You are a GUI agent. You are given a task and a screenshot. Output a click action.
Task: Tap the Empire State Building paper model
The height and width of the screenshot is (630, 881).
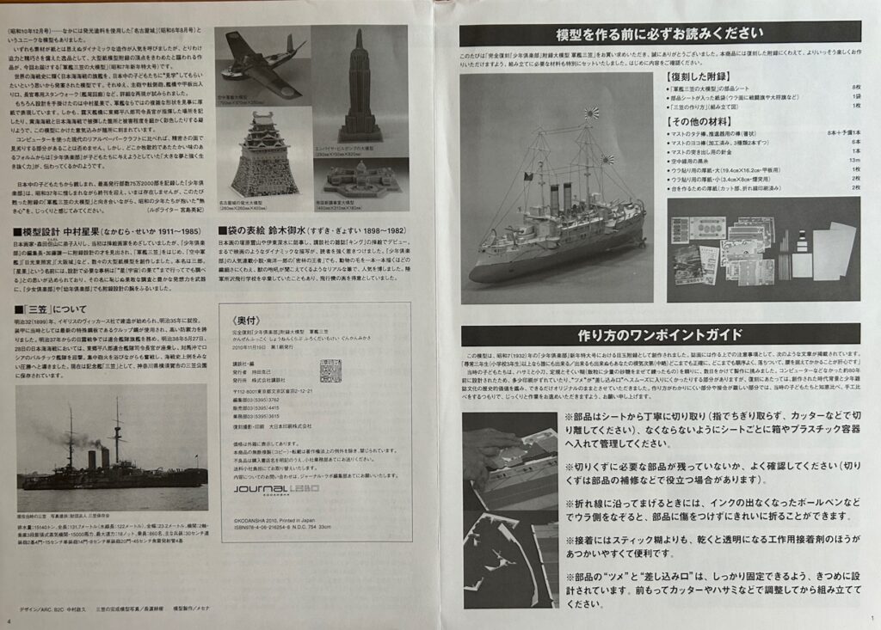click(x=360, y=86)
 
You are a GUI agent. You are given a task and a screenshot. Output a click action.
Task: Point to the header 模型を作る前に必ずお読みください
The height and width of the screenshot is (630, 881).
click(x=660, y=34)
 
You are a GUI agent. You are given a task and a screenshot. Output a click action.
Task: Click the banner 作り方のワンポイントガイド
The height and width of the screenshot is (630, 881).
click(x=660, y=334)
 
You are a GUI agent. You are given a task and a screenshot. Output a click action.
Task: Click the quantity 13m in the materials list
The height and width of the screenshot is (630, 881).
click(x=853, y=160)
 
